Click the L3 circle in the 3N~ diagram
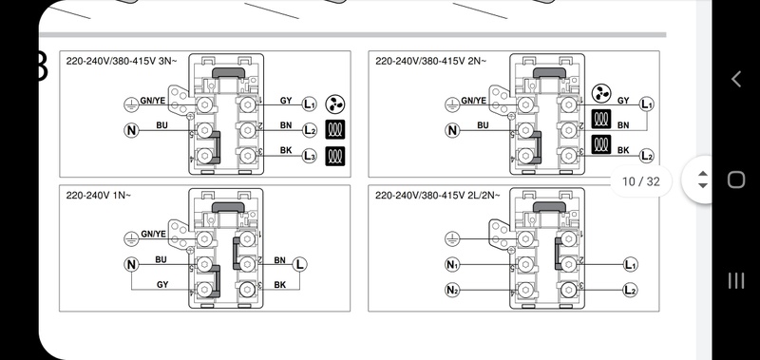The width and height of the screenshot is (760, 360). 310,156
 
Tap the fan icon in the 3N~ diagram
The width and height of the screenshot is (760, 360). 335,104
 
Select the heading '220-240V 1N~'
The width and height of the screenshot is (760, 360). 99,196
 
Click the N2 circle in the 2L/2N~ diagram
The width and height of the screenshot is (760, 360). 452,290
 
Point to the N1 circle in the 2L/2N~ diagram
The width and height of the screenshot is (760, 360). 452,265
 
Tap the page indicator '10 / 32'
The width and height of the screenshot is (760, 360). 641,181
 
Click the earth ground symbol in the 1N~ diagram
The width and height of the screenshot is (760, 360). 131,238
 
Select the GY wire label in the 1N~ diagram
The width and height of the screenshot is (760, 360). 162,284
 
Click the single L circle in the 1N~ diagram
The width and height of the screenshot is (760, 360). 299,265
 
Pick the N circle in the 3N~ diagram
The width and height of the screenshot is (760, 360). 131,130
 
